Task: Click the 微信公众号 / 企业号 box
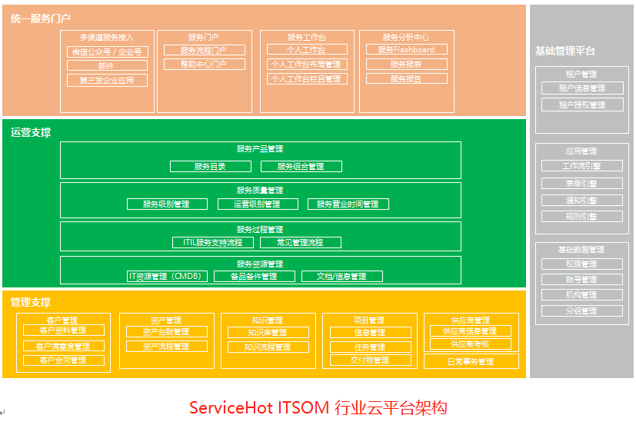click(107, 52)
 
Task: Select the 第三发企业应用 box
click(107, 81)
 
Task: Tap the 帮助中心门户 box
click(204, 65)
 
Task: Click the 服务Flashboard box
click(406, 50)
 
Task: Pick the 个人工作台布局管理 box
click(306, 65)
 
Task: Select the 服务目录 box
click(210, 167)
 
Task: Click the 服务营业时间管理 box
click(348, 204)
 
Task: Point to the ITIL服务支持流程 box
click(212, 243)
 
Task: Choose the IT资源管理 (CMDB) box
click(167, 277)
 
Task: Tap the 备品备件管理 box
click(255, 277)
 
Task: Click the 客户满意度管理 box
click(63, 347)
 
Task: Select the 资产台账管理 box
click(166, 332)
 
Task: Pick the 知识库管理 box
click(268, 333)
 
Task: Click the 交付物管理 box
click(370, 360)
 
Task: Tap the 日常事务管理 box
click(471, 362)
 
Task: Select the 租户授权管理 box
click(581, 105)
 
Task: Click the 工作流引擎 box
click(581, 166)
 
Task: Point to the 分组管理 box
click(581, 311)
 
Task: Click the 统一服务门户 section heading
click(42, 18)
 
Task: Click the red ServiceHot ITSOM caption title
click(318, 408)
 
